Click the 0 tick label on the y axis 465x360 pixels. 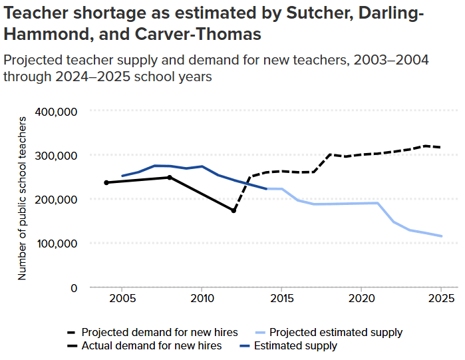[x=74, y=287]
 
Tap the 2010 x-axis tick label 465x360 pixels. [x=202, y=301]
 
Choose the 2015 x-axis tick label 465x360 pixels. [x=281, y=301]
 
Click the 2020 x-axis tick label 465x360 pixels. [x=361, y=301]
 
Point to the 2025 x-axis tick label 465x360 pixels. [x=440, y=301]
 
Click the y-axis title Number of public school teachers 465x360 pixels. [x=22, y=198]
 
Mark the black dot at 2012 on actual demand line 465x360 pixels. [x=233, y=210]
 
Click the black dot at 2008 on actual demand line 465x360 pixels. [x=170, y=178]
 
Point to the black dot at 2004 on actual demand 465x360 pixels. [x=106, y=182]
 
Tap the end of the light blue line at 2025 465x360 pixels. [x=441, y=236]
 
